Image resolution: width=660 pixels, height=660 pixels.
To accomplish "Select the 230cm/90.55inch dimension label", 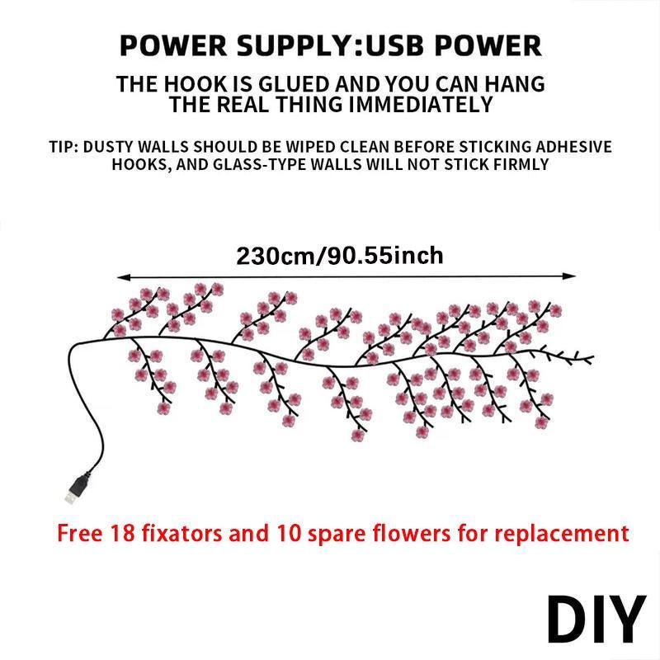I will coord(340,255).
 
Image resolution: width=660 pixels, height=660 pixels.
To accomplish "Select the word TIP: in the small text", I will coord(65,148).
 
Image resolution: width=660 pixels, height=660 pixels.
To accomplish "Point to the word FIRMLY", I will coord(521,164).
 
